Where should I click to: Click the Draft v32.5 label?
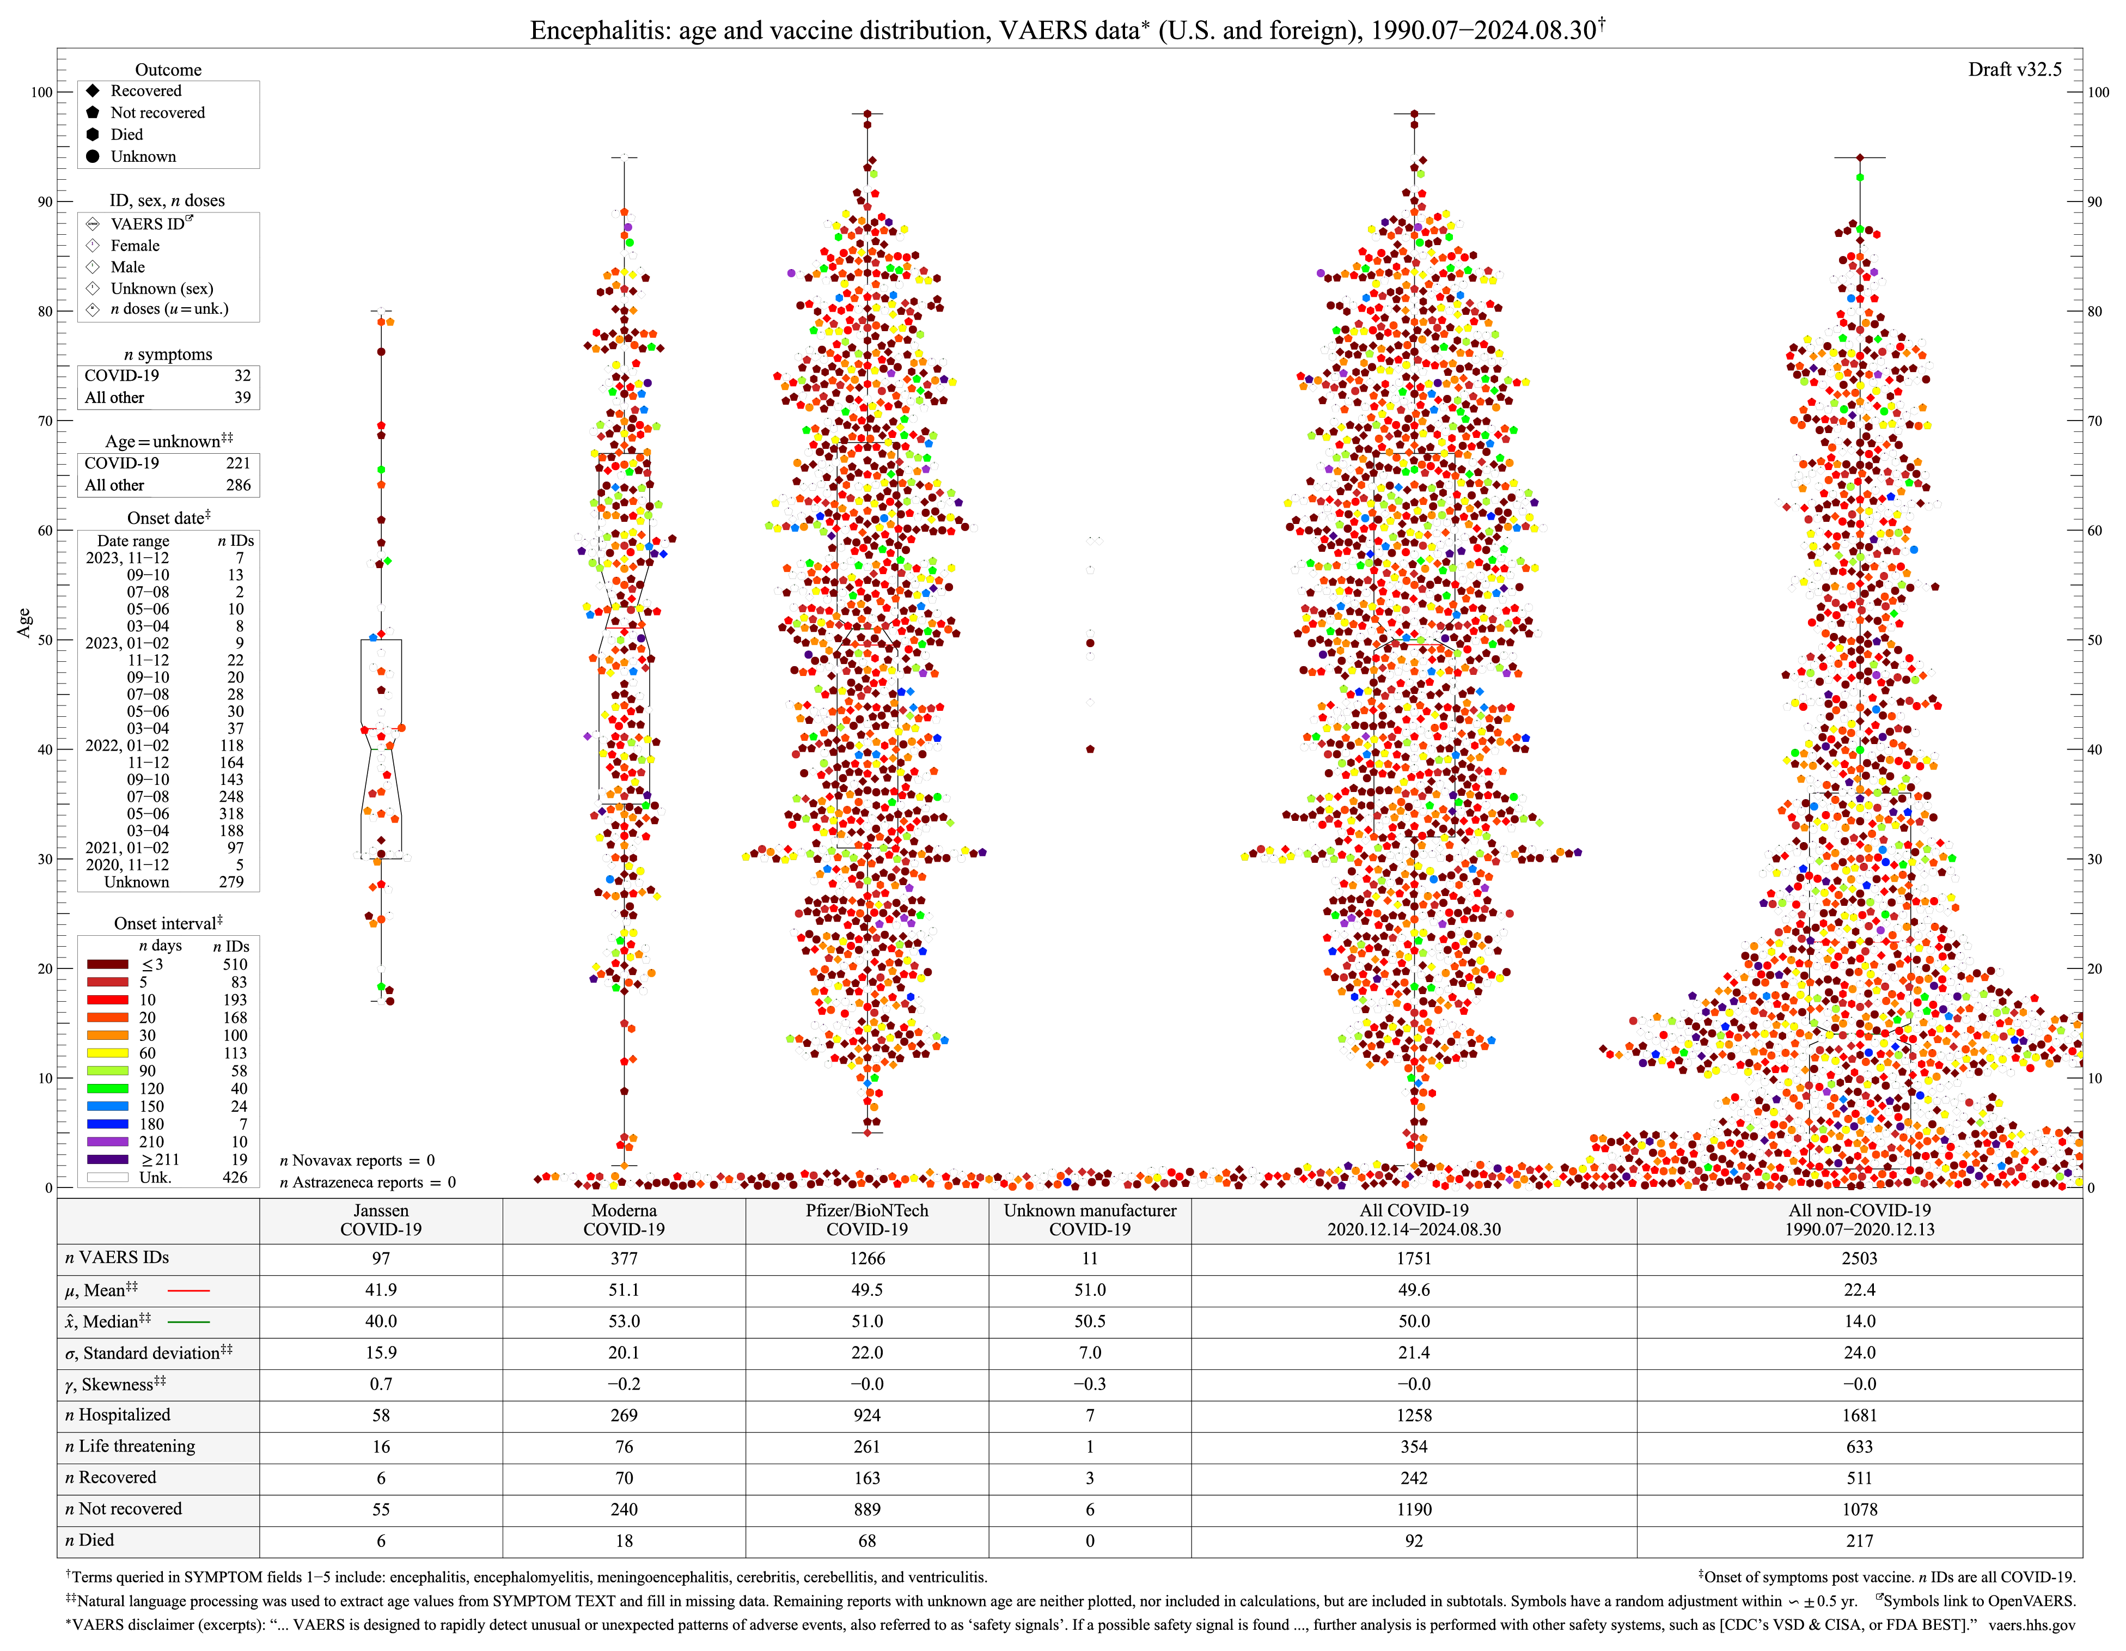point(2014,69)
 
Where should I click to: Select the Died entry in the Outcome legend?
point(126,135)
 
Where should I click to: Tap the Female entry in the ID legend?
point(135,245)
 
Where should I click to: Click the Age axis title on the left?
point(25,623)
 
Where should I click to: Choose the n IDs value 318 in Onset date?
point(231,814)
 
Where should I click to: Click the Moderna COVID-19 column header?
point(624,1220)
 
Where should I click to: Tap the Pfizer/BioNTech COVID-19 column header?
point(866,1220)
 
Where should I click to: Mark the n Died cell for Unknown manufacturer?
point(1089,1540)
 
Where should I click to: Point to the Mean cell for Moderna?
point(624,1290)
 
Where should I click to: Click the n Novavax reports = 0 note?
point(357,1160)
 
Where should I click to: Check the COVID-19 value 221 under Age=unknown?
point(237,464)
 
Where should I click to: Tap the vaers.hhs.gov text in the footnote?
point(2032,1625)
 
